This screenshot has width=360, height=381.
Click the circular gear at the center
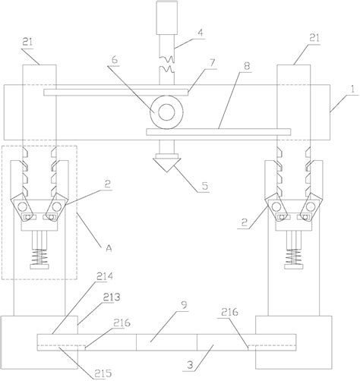(x=165, y=112)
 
